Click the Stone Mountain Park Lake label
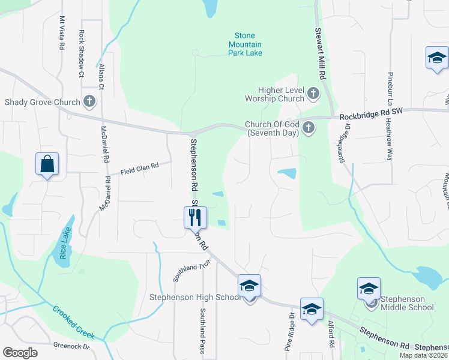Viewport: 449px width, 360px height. point(245,44)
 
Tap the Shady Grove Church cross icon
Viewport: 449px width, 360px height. point(89,101)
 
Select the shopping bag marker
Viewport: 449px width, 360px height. point(47,164)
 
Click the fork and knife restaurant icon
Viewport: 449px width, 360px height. point(194,217)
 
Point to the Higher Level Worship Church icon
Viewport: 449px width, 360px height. point(313,94)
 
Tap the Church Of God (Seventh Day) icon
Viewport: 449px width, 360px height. point(308,127)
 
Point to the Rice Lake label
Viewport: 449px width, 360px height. point(64,242)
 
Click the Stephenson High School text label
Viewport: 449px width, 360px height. point(195,298)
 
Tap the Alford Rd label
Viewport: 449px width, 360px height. point(331,335)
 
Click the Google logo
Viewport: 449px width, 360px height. point(20,352)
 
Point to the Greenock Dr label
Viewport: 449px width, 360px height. point(71,346)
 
